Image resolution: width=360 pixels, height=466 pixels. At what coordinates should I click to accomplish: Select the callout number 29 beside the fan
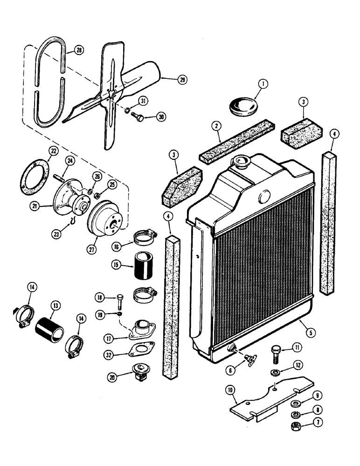click(x=182, y=79)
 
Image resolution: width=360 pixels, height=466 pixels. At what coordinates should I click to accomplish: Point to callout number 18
click(x=99, y=297)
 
